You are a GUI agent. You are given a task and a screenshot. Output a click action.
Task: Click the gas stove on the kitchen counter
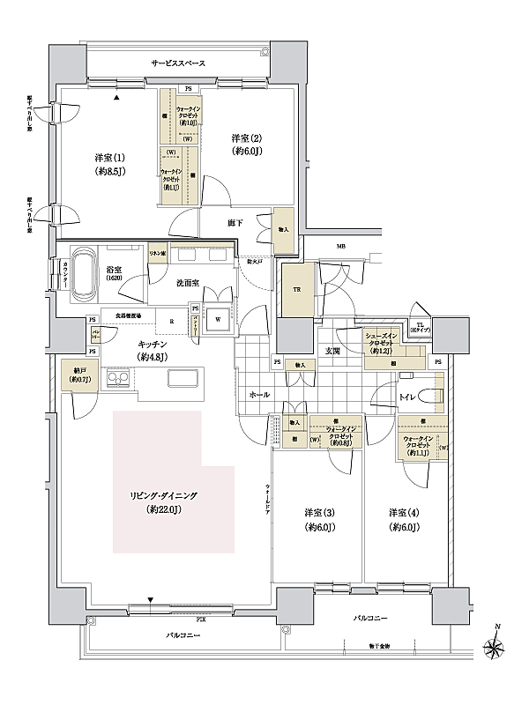(117, 380)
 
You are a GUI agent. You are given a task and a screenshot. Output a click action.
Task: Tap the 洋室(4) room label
(405, 520)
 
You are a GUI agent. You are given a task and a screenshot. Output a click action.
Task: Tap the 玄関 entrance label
(333, 352)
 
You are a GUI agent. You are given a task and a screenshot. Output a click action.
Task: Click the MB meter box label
(339, 248)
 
